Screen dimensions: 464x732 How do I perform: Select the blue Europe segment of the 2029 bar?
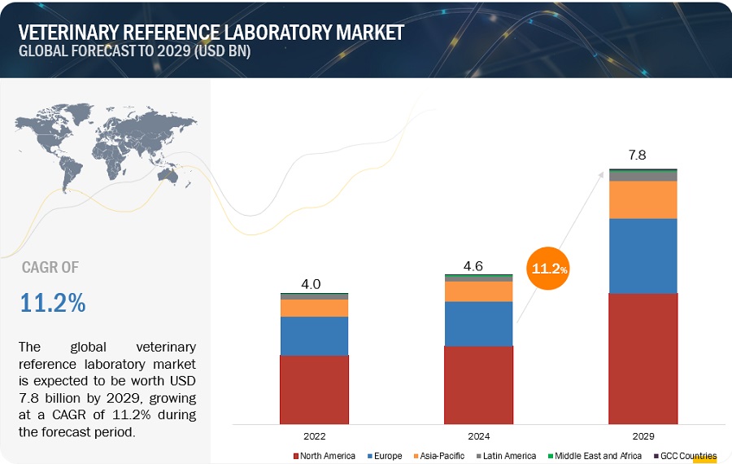click(643, 256)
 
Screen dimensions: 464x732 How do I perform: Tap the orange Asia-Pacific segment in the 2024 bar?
click(478, 291)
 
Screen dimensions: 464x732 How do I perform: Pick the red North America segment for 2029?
click(643, 358)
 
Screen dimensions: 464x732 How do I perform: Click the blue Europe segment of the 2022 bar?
click(314, 335)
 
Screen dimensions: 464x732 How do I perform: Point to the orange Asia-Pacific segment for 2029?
click(643, 199)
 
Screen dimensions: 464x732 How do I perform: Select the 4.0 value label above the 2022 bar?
click(312, 284)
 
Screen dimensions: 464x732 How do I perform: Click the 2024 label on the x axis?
click(478, 436)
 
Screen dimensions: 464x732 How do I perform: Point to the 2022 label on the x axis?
click(314, 436)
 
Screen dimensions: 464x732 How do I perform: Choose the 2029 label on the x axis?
click(643, 436)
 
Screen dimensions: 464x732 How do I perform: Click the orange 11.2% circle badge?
click(550, 268)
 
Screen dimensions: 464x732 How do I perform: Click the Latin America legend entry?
click(509, 456)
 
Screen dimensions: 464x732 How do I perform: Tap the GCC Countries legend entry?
click(687, 456)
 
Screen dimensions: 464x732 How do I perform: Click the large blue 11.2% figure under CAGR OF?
click(53, 303)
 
